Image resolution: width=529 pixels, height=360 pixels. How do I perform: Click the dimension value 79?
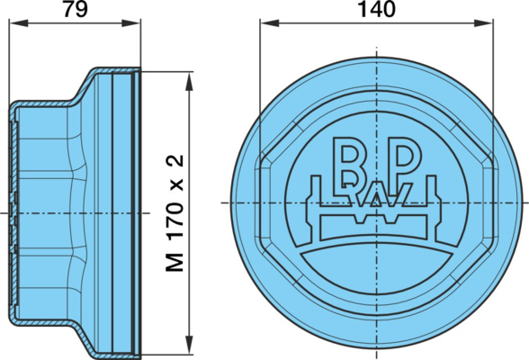(76, 9)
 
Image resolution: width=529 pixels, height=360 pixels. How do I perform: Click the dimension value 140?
(376, 9)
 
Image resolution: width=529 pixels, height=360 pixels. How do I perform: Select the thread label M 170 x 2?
(175, 213)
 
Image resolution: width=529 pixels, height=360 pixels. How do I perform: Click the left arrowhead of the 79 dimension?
(18, 22)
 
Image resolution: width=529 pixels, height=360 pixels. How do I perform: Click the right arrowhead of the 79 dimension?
(131, 22)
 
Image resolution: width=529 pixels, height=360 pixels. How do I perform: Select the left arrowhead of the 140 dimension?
(270, 23)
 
